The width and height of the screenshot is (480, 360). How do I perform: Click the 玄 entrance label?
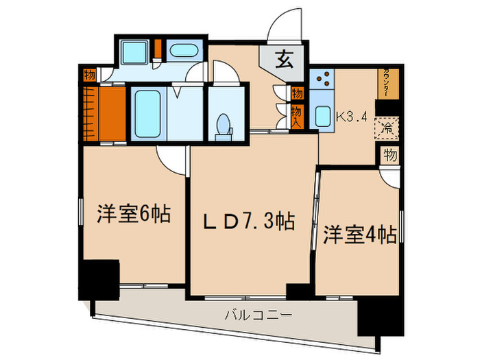coord(284,60)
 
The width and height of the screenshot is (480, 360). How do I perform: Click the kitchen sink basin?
coord(322,116)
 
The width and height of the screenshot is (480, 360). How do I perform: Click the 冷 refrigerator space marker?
coord(387,127)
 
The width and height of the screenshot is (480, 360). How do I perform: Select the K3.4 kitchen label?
coord(352,117)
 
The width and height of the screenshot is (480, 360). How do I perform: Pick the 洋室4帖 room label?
coord(359,235)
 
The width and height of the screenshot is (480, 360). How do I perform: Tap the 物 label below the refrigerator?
coord(389,155)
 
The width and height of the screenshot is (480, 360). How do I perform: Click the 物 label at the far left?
coord(90,75)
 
